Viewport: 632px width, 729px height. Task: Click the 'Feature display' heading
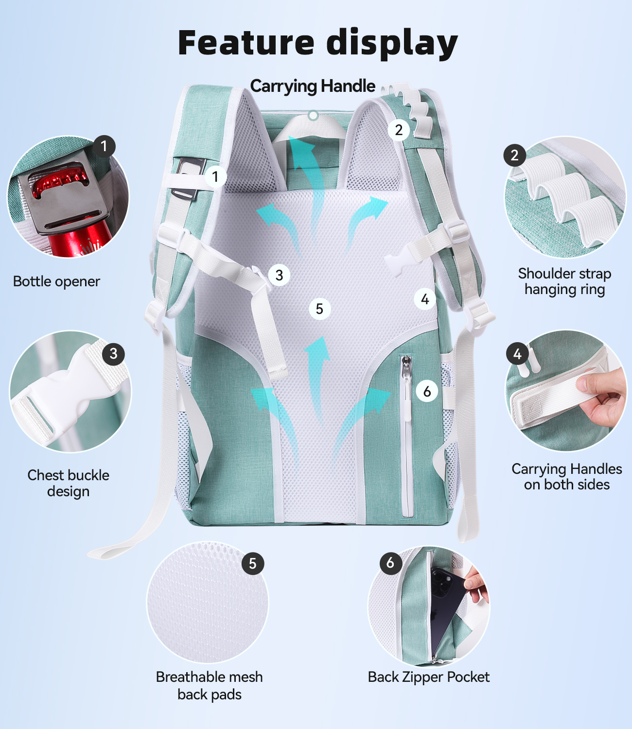[317, 44]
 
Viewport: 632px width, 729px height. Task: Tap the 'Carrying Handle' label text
[313, 87]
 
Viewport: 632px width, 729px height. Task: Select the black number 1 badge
[104, 146]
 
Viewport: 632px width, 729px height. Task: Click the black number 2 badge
[514, 155]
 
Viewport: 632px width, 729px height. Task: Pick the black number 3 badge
[113, 354]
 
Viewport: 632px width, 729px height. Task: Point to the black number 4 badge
[517, 354]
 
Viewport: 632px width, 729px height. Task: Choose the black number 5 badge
[253, 563]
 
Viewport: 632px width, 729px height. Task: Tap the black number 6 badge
[391, 563]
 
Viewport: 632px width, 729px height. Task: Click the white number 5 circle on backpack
[320, 309]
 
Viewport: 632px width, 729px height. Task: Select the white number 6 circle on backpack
[427, 392]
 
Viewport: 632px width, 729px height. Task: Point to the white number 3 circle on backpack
[279, 275]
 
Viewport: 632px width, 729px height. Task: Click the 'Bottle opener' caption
[56, 282]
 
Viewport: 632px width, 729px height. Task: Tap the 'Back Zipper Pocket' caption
[429, 677]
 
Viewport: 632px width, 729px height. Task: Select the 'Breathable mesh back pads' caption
[210, 686]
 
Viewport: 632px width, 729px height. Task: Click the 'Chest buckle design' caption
[69, 483]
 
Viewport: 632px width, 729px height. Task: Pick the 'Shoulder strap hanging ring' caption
[564, 281]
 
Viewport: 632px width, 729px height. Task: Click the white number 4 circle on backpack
[425, 299]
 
